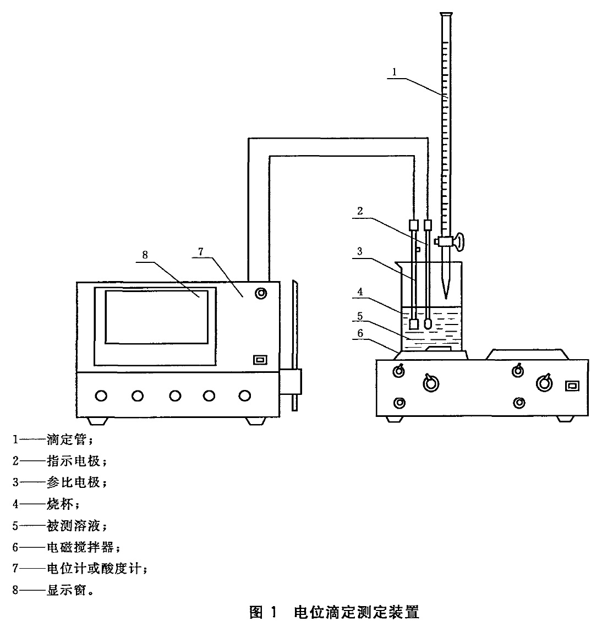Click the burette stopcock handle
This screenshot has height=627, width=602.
click(459, 241)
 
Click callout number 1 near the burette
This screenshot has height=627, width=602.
click(395, 72)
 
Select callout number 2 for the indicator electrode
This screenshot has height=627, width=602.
click(360, 211)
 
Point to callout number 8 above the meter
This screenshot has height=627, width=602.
click(145, 255)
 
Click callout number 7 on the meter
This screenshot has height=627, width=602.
click(201, 251)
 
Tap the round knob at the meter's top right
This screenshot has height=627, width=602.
click(261, 294)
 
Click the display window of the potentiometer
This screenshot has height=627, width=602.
click(156, 317)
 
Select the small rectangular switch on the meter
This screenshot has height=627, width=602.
click(260, 360)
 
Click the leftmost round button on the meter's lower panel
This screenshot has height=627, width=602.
click(101, 396)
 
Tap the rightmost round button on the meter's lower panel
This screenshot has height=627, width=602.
click(244, 396)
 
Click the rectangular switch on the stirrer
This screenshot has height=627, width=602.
click(572, 386)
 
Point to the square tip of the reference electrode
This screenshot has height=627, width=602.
click(414, 324)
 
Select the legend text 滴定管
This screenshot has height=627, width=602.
click(67, 439)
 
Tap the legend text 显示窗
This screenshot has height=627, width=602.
click(67, 590)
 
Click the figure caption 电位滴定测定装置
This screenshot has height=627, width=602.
click(357, 612)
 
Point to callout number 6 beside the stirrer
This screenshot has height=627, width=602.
click(360, 333)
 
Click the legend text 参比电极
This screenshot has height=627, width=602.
click(73, 482)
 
